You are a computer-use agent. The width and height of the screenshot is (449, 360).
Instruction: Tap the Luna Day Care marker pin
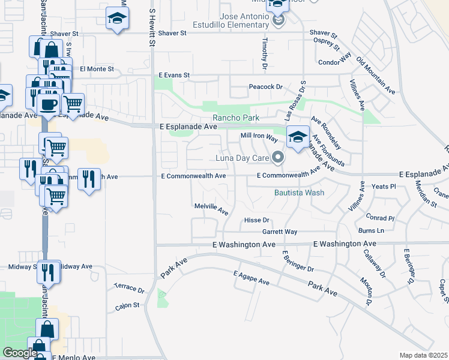point(277,158)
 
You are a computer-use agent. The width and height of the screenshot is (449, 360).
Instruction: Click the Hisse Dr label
point(257,220)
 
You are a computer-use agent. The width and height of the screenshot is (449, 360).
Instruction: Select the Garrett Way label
point(279,232)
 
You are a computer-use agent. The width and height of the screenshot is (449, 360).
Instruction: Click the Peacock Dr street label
point(265,87)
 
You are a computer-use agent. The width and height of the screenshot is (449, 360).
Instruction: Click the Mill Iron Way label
point(259,137)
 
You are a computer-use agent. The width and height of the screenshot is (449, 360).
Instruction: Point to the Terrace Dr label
point(129,289)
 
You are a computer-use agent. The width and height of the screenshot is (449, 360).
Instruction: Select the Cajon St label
point(127,305)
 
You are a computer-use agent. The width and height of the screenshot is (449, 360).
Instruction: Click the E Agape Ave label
point(252,278)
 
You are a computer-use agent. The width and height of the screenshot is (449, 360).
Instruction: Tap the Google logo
point(19,353)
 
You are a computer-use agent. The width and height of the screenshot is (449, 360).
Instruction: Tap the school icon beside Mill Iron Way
point(298,137)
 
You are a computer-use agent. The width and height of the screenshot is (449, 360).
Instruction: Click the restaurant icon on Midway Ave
point(49,272)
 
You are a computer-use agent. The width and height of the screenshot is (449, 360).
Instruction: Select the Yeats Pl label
point(384,187)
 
